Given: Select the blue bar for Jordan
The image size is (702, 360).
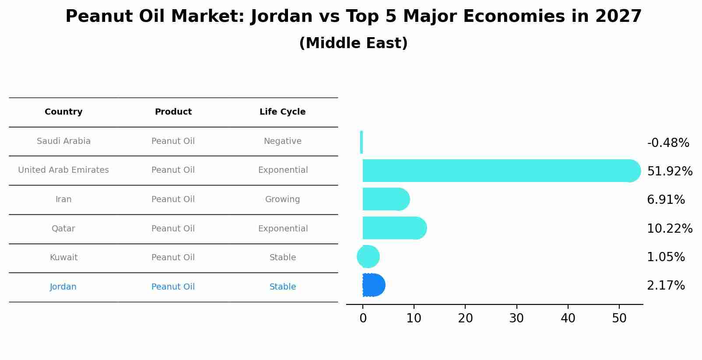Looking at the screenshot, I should (373, 285).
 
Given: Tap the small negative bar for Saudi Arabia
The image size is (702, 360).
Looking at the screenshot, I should (362, 142).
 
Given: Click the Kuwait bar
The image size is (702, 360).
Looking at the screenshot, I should (368, 257).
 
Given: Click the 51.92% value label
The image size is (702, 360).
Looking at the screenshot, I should (669, 171).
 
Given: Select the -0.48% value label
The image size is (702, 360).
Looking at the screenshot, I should (667, 143).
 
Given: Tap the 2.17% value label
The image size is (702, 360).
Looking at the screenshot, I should (665, 286).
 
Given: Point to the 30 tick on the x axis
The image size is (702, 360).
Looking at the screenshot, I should (516, 318).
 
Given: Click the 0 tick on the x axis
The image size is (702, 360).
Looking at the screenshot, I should (363, 318).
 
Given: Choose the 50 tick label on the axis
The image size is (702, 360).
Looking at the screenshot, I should (619, 318).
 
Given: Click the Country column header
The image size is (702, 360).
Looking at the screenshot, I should (63, 112).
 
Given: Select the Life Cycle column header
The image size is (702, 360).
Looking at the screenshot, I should (282, 112).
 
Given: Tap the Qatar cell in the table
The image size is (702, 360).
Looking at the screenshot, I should (63, 229).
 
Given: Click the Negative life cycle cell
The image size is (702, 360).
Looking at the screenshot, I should (282, 141).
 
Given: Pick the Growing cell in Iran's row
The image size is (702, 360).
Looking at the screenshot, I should (282, 199).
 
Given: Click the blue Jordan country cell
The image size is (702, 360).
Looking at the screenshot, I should (63, 287).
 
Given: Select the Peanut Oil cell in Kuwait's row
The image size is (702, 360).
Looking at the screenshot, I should (173, 258).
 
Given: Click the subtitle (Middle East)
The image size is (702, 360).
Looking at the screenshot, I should (353, 43).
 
